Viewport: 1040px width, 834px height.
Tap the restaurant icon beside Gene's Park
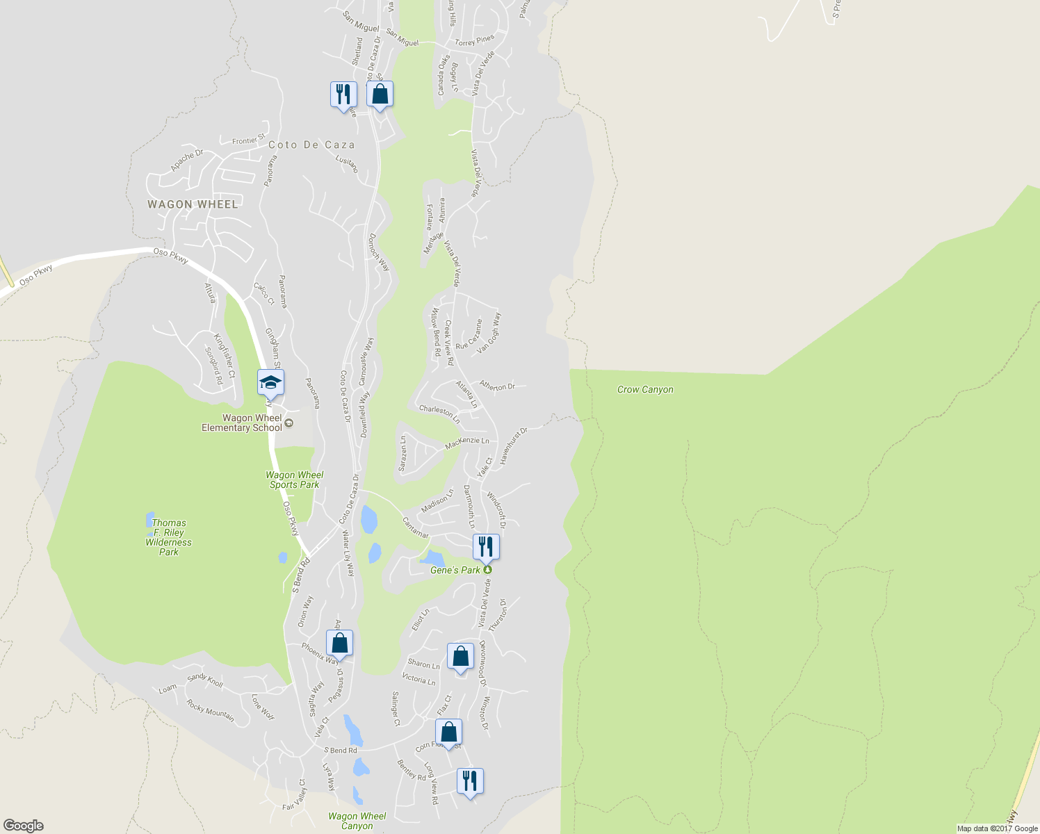pos(486,546)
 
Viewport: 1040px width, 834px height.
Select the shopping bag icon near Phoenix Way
pos(339,643)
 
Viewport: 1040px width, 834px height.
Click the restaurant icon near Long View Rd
pos(470,780)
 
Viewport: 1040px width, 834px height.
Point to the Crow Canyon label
pos(645,390)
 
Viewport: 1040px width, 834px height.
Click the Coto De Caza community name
pos(311,145)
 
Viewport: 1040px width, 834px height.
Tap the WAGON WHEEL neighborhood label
pos(193,204)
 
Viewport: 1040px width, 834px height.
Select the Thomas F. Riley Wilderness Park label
pos(169,537)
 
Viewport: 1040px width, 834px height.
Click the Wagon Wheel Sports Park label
pos(295,480)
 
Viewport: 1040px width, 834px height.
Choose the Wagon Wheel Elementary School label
pos(242,423)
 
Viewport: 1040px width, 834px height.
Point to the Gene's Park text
pos(455,570)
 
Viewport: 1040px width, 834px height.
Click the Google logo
pos(23,826)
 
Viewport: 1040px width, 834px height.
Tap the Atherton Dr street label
pos(497,386)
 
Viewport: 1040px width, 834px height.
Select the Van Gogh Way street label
pos(489,334)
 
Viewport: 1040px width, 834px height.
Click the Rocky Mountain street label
pos(210,710)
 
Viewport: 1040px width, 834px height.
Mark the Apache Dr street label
pos(187,161)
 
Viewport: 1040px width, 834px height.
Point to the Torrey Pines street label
pos(475,41)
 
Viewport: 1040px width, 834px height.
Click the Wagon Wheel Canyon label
pos(357,821)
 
